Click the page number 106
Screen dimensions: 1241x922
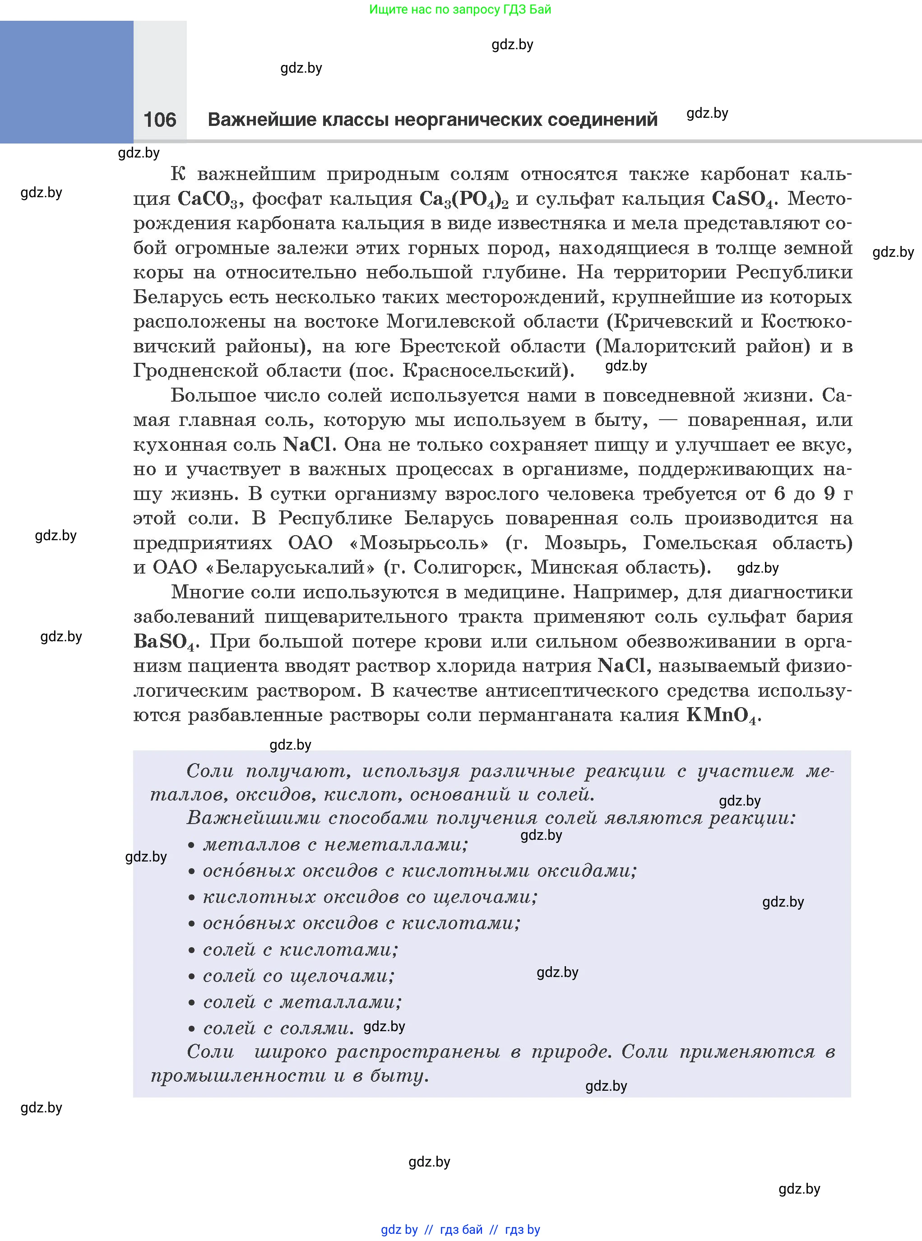coord(160,120)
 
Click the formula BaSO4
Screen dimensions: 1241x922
coord(165,642)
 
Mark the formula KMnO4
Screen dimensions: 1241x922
coord(721,715)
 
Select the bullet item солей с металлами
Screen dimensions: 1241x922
coord(302,1002)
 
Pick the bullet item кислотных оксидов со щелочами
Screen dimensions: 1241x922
coord(370,897)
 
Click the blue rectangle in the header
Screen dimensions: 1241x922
coord(66,82)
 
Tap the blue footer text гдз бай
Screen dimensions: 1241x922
coord(461,1229)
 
